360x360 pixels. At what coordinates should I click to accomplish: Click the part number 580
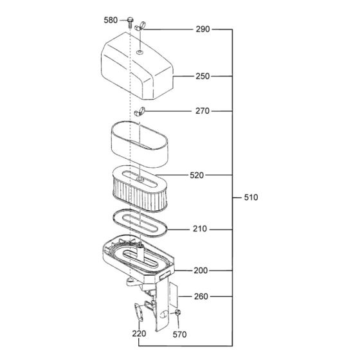(x=111, y=21)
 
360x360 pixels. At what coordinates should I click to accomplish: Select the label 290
(x=203, y=30)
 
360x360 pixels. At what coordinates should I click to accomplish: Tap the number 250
(x=203, y=76)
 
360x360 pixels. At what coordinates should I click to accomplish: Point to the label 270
(x=203, y=111)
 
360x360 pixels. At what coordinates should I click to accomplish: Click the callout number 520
(x=198, y=175)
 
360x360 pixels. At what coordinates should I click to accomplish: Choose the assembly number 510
(x=251, y=197)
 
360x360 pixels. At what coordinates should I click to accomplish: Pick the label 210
(x=200, y=229)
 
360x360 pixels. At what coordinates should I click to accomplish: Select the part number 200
(x=201, y=271)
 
